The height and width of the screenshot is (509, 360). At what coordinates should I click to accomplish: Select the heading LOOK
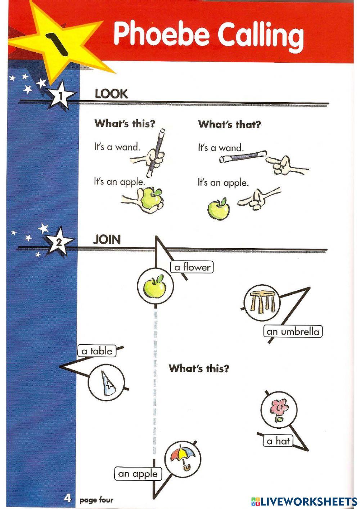coord(111,94)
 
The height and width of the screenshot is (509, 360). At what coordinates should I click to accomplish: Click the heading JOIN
coord(107,240)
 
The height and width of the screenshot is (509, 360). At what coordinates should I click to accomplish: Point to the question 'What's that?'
coord(229,125)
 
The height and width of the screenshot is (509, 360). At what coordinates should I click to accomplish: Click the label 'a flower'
coord(192,267)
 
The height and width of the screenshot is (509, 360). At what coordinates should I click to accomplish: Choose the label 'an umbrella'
coord(293,331)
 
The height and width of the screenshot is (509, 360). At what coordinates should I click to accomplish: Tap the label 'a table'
coord(97,351)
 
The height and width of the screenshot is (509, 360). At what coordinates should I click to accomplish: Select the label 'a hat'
coord(278,441)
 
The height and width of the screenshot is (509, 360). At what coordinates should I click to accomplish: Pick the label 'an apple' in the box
coord(138,474)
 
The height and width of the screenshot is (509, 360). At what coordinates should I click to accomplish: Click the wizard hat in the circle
coord(108,383)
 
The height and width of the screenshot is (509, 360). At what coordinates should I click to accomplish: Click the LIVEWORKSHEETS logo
coord(304,501)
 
